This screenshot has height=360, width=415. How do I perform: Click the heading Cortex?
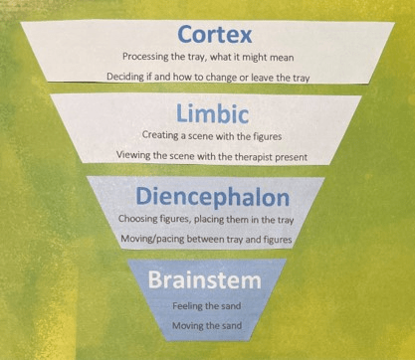pos(215,35)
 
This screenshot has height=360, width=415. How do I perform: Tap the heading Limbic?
pos(212,113)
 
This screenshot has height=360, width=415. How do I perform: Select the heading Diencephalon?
pos(212,198)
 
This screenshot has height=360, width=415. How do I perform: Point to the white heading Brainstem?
pos(204,280)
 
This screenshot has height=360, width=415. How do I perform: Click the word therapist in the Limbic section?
pos(254,156)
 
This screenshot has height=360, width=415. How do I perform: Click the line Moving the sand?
pos(207,325)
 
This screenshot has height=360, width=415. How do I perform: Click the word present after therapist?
pos(292,157)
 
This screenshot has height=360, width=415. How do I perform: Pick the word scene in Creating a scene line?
pos(197,136)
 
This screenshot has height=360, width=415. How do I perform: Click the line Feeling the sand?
pos(206,305)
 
